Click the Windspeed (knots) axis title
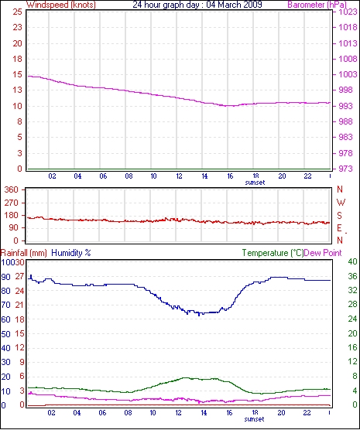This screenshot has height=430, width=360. point(61,5)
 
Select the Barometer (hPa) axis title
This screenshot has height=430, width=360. point(317,5)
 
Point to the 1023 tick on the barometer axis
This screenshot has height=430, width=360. point(349,12)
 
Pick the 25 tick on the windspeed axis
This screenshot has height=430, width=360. point(17,12)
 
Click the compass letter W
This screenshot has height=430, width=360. point(341,203)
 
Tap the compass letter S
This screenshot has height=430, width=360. point(340,216)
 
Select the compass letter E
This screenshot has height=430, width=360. point(340,228)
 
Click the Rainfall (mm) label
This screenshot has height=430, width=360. point(24,253)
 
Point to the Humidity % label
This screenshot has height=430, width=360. point(71,253)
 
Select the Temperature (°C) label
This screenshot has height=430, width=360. point(273,253)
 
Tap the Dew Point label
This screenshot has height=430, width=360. point(323,253)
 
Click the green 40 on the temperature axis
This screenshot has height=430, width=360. point(352,261)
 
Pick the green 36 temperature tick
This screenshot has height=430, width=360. point(352,276)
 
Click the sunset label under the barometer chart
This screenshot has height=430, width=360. point(255,183)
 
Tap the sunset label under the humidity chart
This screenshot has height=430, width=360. point(254,419)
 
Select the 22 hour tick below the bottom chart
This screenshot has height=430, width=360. point(307,412)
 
